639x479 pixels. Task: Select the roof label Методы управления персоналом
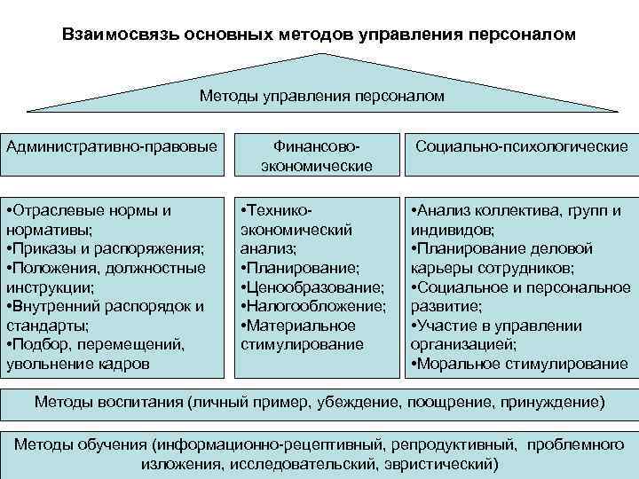(321, 95)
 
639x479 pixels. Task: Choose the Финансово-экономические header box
(317, 154)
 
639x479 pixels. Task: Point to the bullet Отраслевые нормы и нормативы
(89, 220)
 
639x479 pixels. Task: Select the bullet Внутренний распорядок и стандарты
(105, 315)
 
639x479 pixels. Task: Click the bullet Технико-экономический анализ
(297, 230)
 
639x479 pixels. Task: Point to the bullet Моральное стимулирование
(519, 363)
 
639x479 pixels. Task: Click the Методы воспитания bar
(319, 402)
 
